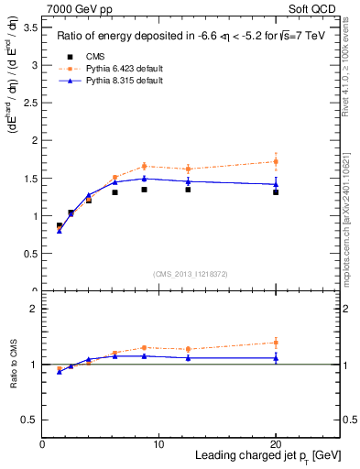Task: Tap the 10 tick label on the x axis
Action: pyautogui.click(x=158, y=443)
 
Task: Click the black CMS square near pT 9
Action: pyautogui.click(x=145, y=190)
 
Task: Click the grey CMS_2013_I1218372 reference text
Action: pyautogui.click(x=191, y=274)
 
